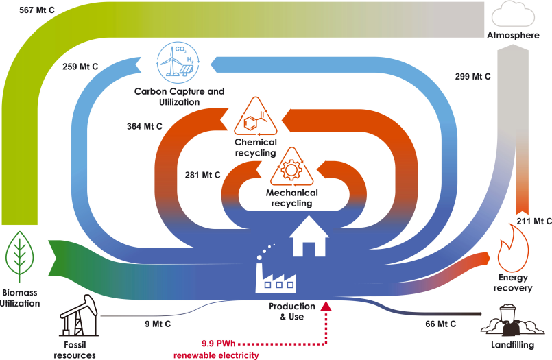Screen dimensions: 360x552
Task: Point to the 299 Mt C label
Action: (473, 77)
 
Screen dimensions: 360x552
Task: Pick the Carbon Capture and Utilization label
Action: (179, 96)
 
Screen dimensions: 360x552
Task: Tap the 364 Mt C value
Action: (144, 126)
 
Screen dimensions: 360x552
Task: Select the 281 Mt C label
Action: (202, 174)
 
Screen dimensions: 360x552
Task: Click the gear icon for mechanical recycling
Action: (293, 169)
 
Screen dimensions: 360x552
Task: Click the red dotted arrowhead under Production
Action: (325, 307)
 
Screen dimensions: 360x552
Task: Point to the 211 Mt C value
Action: (533, 221)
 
